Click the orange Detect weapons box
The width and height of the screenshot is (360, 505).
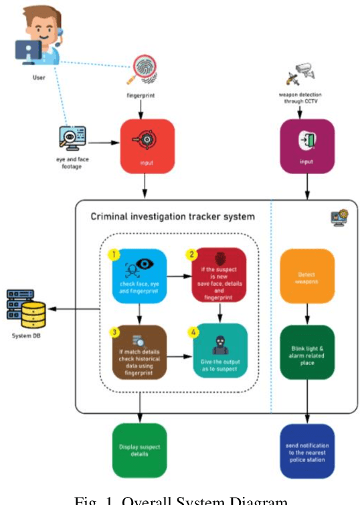tap(306, 275)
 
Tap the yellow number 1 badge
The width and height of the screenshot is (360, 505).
tap(113, 255)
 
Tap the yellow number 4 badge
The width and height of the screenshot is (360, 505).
tap(194, 330)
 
